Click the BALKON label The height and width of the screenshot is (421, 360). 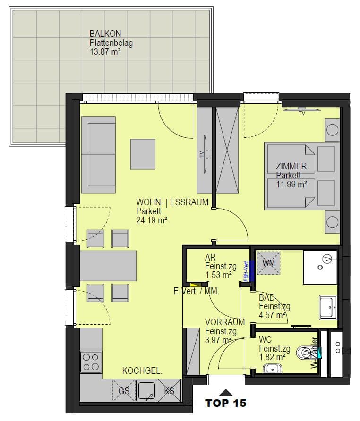(105, 34)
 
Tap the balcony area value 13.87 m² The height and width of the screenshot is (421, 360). (105, 51)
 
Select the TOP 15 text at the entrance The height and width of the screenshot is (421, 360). (225, 403)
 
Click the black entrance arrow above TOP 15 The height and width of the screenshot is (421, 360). (225, 393)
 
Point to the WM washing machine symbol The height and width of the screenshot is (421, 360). (269, 263)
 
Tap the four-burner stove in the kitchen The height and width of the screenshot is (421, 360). (91, 362)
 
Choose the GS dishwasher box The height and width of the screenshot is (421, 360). (124, 391)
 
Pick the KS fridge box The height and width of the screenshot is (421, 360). (170, 391)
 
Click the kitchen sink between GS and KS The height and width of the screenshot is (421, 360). (147, 391)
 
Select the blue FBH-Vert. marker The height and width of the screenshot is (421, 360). (252, 271)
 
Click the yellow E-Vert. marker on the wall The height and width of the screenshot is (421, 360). (196, 284)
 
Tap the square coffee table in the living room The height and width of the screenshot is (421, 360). (143, 154)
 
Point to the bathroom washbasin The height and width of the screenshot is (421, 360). (328, 307)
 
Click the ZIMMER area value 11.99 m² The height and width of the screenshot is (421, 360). (291, 184)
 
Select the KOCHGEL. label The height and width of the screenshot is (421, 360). (142, 371)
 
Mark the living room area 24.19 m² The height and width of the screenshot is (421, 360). (151, 220)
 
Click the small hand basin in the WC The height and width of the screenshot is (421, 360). (272, 369)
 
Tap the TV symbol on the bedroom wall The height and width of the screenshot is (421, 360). (302, 110)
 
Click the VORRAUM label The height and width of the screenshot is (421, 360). (225, 322)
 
